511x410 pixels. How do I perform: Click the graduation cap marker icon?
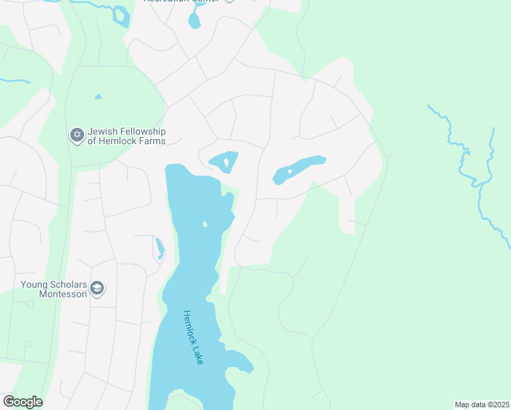(97, 289)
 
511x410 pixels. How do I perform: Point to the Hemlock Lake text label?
(193, 337)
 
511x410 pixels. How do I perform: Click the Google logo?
(23, 402)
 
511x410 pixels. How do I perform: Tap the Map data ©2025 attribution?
(482, 405)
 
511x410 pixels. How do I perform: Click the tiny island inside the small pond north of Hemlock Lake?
(226, 163)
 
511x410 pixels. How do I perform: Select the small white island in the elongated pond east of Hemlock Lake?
(290, 172)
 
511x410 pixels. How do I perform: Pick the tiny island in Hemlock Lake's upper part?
(204, 224)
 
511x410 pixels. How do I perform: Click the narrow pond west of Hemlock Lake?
(160, 249)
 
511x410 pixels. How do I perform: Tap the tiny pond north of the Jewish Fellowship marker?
(98, 96)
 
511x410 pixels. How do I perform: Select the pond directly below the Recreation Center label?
(195, 20)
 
